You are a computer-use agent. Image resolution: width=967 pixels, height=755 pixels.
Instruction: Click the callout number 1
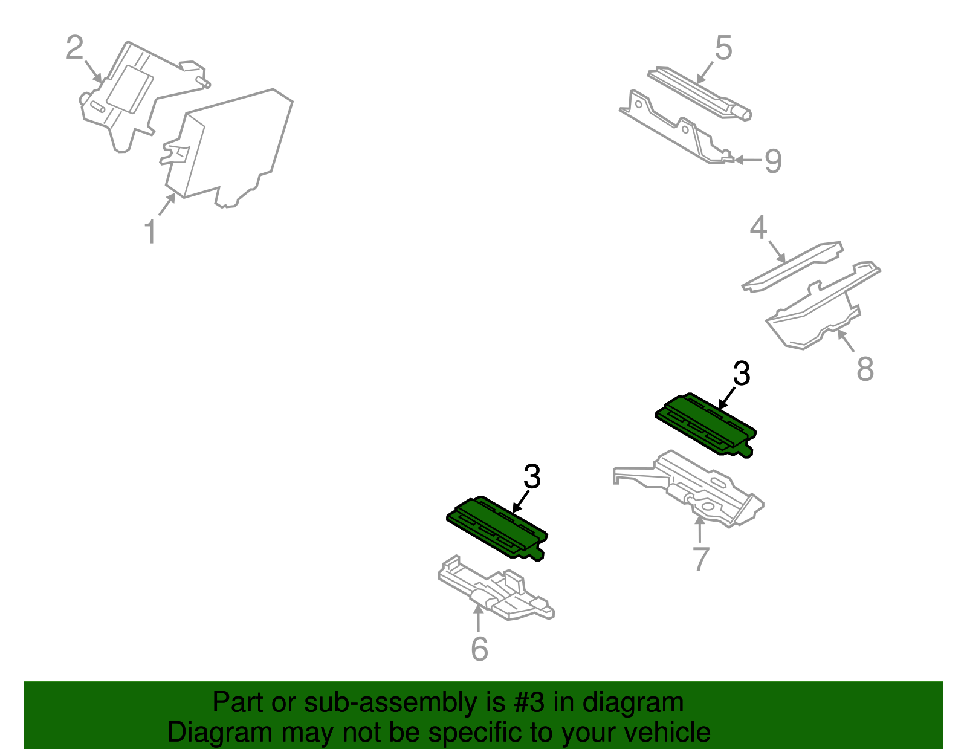point(150,232)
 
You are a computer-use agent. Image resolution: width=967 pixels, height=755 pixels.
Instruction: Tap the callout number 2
point(75,47)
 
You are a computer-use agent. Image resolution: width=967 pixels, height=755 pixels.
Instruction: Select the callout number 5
point(723,48)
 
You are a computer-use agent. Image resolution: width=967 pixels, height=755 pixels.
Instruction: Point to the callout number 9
point(773,161)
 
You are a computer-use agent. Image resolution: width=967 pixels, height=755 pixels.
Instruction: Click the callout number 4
point(758,227)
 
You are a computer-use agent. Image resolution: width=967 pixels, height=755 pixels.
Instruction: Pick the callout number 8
point(865,368)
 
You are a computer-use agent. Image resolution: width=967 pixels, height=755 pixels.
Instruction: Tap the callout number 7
point(701,559)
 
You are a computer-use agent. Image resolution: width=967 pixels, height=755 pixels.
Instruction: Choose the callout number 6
point(479,649)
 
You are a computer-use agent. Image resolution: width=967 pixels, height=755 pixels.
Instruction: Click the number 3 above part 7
point(742,374)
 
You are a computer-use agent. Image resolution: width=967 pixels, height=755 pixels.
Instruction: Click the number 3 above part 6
point(532,476)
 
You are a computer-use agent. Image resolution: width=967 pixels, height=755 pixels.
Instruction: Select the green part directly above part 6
point(497,528)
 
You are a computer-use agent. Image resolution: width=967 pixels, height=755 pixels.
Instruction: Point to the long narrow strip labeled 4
point(792,267)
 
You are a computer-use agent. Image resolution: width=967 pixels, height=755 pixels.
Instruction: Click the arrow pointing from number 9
point(748,159)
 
